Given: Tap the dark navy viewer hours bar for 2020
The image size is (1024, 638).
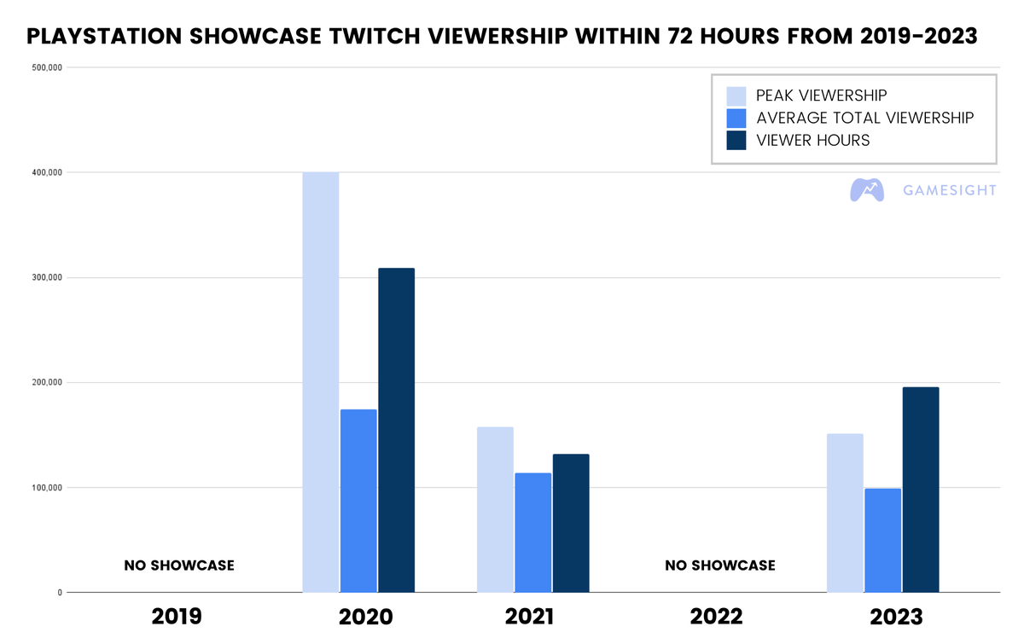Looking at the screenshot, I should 396,430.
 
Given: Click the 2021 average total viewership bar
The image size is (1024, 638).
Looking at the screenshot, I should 533,532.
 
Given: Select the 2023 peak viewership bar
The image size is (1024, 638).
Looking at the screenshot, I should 845,513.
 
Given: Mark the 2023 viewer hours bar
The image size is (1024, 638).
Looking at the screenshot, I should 921,490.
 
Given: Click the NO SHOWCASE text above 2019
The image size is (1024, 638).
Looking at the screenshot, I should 179,565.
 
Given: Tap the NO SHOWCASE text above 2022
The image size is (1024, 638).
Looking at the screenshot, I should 720,565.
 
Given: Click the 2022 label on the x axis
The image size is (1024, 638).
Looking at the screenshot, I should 716,616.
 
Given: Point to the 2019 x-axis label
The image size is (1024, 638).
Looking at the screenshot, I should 177,616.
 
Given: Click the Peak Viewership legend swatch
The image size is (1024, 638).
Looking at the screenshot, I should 736,96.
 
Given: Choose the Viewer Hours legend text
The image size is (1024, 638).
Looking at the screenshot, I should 812,141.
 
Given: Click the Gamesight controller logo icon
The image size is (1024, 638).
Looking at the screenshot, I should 866,189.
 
